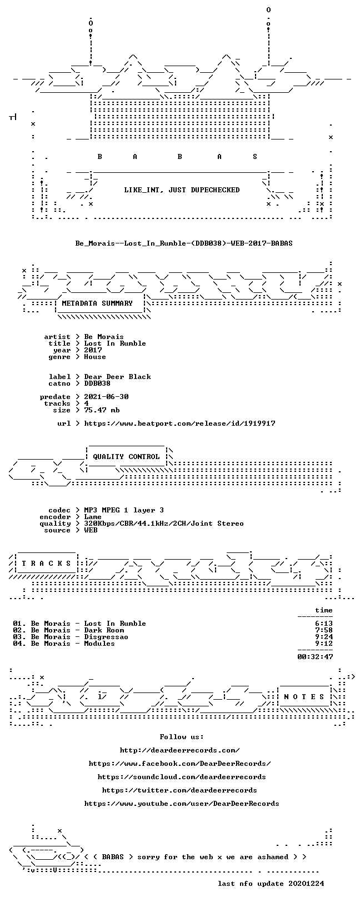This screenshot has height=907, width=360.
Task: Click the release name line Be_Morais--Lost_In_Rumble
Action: [184, 243]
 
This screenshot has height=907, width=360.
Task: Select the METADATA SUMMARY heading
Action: [97, 303]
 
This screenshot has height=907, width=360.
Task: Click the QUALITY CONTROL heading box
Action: [126, 457]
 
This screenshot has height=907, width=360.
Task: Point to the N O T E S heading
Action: [304, 697]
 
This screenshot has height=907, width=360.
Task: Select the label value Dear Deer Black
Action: [117, 377]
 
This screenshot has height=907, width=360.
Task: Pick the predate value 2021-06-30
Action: [106, 397]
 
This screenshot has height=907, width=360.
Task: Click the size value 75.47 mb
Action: [102, 410]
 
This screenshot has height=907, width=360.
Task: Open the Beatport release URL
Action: [179, 423]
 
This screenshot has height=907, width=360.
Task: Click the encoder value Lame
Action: [93, 517]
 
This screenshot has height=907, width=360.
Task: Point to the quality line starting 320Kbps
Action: [163, 524]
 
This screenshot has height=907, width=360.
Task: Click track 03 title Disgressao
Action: [106, 637]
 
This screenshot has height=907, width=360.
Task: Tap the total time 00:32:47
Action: [315, 657]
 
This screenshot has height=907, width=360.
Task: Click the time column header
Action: [324, 610]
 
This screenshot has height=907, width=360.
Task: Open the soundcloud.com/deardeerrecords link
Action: [182, 777]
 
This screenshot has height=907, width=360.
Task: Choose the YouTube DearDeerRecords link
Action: [182, 804]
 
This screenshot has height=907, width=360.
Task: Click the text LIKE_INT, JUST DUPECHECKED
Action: [182, 190]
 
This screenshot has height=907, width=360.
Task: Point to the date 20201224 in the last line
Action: [306, 884]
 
